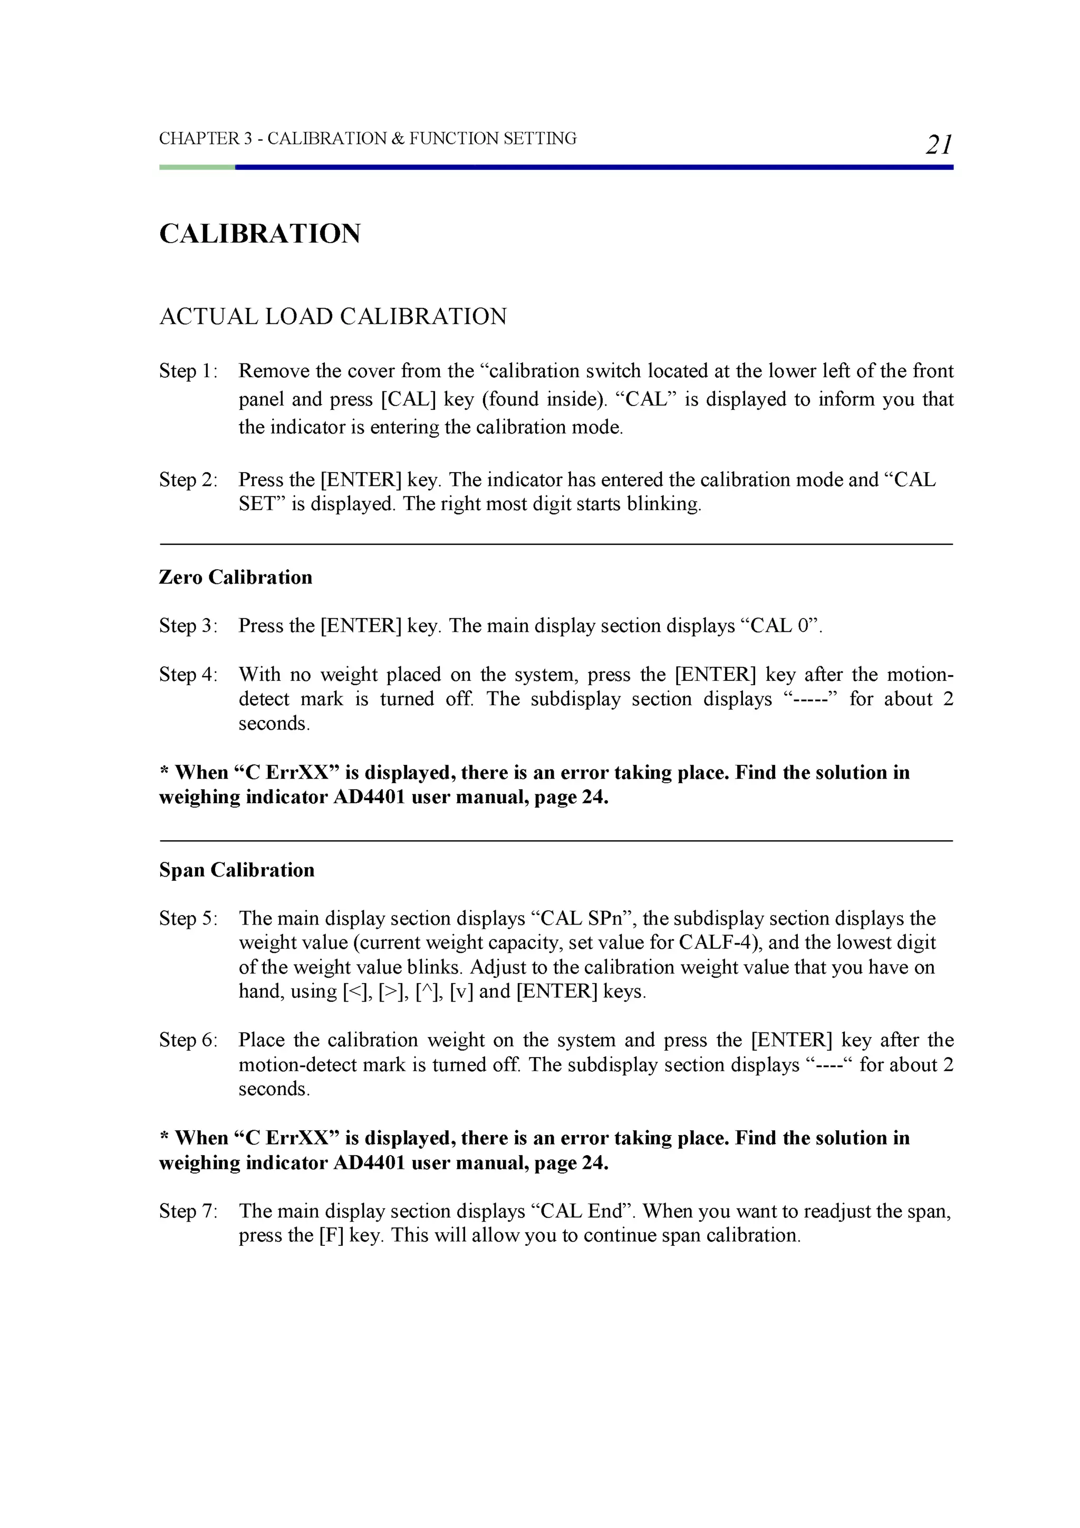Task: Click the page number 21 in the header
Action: tap(938, 145)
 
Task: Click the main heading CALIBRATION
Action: tap(259, 234)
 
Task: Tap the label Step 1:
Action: tap(188, 371)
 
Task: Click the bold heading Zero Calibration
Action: tap(236, 577)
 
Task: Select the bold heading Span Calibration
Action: tap(236, 870)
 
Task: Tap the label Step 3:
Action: tap(188, 626)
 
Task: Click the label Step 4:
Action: tap(188, 674)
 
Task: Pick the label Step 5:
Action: tap(188, 918)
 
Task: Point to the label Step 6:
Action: tap(188, 1040)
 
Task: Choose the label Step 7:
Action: tap(188, 1210)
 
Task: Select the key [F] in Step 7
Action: tap(331, 1235)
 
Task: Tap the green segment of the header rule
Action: tap(197, 167)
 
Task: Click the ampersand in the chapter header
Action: tap(398, 138)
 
